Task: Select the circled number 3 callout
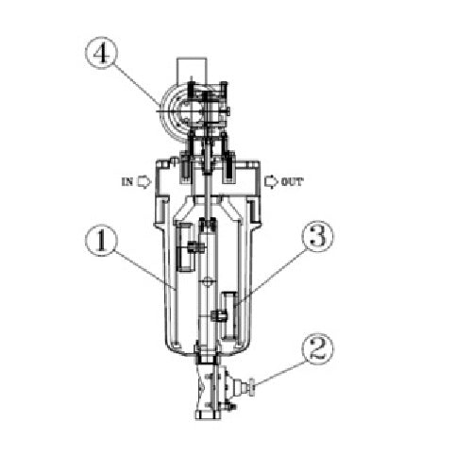click(x=318, y=237)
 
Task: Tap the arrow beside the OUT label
click(x=268, y=181)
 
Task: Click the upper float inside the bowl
click(x=185, y=247)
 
